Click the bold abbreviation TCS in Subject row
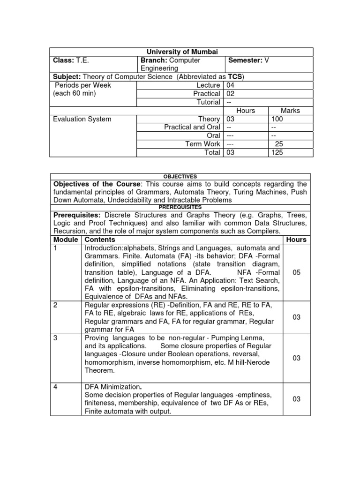coord(235,77)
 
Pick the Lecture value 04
coord(230,85)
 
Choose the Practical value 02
coord(230,94)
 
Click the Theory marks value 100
coord(277,119)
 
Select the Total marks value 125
coord(277,153)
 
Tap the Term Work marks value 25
coord(278,144)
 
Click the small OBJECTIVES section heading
coord(180,176)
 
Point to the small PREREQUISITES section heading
coord(180,207)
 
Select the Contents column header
coord(100,240)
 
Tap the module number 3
coord(55,338)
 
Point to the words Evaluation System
coord(82,119)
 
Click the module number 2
coord(55,305)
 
